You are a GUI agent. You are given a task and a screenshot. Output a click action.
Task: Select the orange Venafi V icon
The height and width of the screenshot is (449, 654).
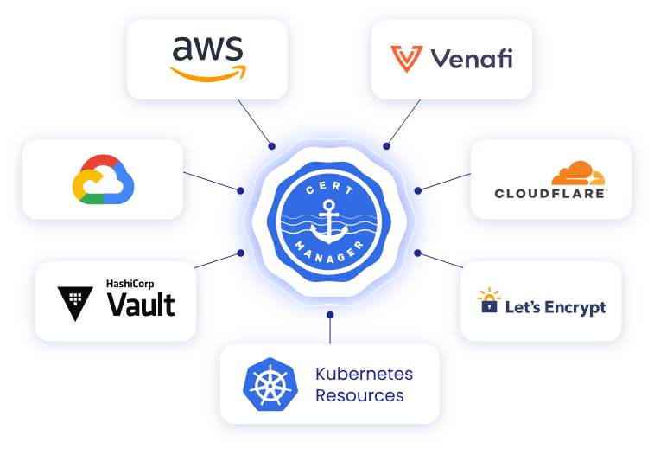pos(405,59)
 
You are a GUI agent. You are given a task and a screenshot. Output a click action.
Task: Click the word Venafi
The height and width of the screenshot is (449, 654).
pos(471,59)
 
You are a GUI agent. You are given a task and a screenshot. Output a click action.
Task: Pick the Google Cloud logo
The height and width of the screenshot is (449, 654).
pos(103,179)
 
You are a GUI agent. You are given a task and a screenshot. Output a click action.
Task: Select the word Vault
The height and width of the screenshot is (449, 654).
pos(141,305)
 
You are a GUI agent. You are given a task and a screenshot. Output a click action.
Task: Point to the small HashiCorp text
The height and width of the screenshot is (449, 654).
pos(130,283)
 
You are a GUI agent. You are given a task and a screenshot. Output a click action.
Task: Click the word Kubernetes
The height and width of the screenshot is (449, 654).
pos(364,375)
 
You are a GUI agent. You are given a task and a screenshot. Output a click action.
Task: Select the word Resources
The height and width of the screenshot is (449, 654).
pos(359,395)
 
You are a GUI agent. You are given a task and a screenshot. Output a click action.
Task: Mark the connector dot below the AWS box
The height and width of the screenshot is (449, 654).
pos(271,146)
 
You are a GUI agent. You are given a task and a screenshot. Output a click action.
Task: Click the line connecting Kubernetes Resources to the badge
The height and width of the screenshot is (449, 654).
pos(329,329)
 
